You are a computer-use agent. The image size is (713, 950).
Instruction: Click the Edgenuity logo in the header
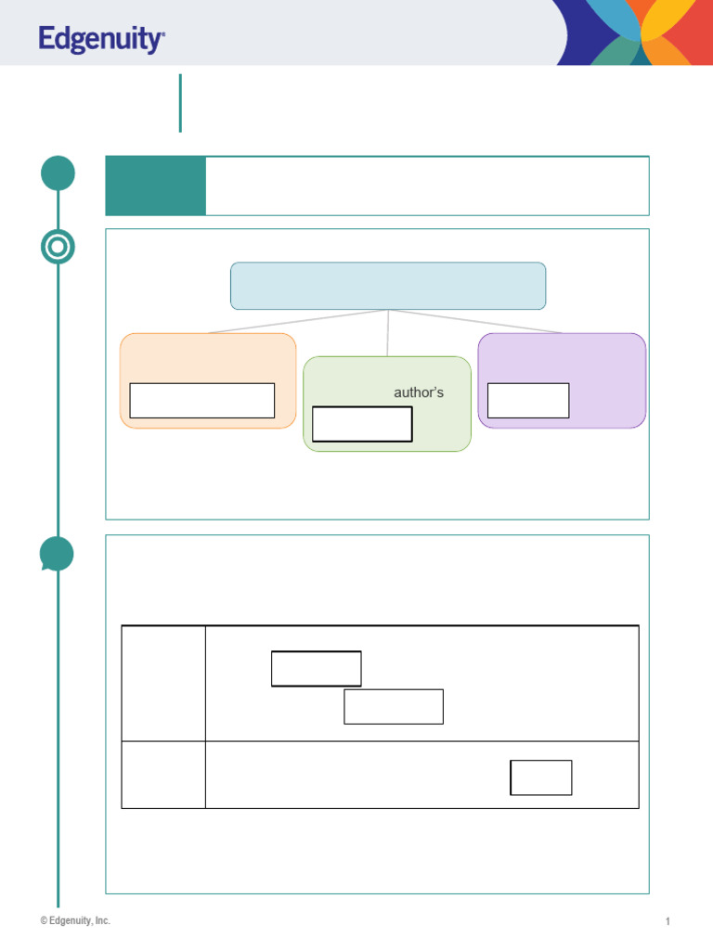pyautogui.click(x=101, y=39)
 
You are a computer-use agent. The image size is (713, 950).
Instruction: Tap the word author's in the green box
pyautogui.click(x=419, y=392)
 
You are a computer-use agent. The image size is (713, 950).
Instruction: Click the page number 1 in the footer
pyautogui.click(x=668, y=921)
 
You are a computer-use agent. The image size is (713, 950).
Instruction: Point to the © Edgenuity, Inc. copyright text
pyautogui.click(x=75, y=920)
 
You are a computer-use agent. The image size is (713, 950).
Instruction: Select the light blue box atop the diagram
pyautogui.click(x=388, y=286)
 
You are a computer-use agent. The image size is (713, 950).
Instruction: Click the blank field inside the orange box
pyautogui.click(x=201, y=401)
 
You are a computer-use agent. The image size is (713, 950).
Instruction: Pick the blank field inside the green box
pyautogui.click(x=362, y=424)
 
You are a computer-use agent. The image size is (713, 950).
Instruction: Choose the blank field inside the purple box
pyautogui.click(x=528, y=401)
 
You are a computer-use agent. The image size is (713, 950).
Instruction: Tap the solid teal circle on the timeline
pyautogui.click(x=58, y=173)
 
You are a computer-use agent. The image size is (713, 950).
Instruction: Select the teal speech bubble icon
pyautogui.click(x=57, y=554)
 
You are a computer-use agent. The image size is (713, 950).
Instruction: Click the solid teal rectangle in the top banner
pyautogui.click(x=156, y=186)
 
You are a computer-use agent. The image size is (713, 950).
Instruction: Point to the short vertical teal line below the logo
pyautogui.click(x=180, y=103)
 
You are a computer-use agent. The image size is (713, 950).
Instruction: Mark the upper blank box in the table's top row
pyautogui.click(x=317, y=669)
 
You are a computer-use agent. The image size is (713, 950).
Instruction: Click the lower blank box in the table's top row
pyautogui.click(x=394, y=706)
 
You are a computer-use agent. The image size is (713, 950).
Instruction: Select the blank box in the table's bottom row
pyautogui.click(x=541, y=777)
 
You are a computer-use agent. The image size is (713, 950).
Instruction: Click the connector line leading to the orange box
pyautogui.click(x=298, y=321)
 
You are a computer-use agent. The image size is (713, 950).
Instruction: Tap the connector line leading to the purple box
pyautogui.click(x=475, y=321)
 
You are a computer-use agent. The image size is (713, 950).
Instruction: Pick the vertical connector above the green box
pyautogui.click(x=388, y=333)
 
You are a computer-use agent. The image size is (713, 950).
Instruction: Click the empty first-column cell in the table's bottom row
pyautogui.click(x=163, y=775)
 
